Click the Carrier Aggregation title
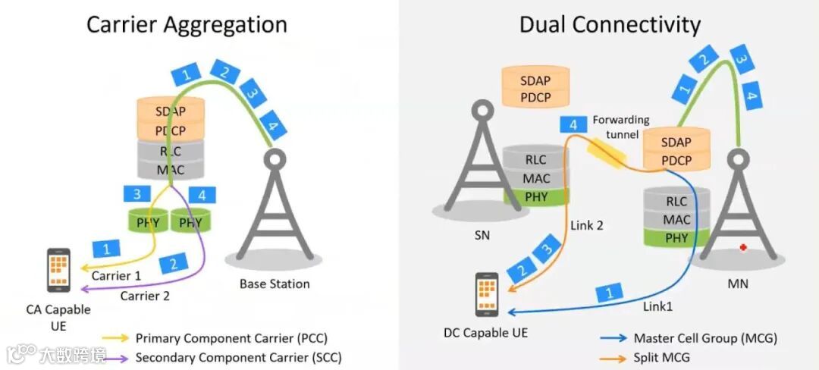click(187, 24)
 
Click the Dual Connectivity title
click(609, 24)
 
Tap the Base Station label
click(275, 284)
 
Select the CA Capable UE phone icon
click(58, 270)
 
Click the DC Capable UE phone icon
click(487, 294)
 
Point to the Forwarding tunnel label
click(621, 126)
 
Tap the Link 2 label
click(587, 226)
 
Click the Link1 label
click(657, 306)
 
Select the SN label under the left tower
click(482, 235)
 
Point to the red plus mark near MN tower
click(744, 248)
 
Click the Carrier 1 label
click(116, 276)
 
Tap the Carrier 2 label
click(145, 296)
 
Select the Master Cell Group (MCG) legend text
click(705, 338)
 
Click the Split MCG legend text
click(662, 357)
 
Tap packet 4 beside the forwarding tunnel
click(573, 125)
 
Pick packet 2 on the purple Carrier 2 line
click(174, 264)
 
